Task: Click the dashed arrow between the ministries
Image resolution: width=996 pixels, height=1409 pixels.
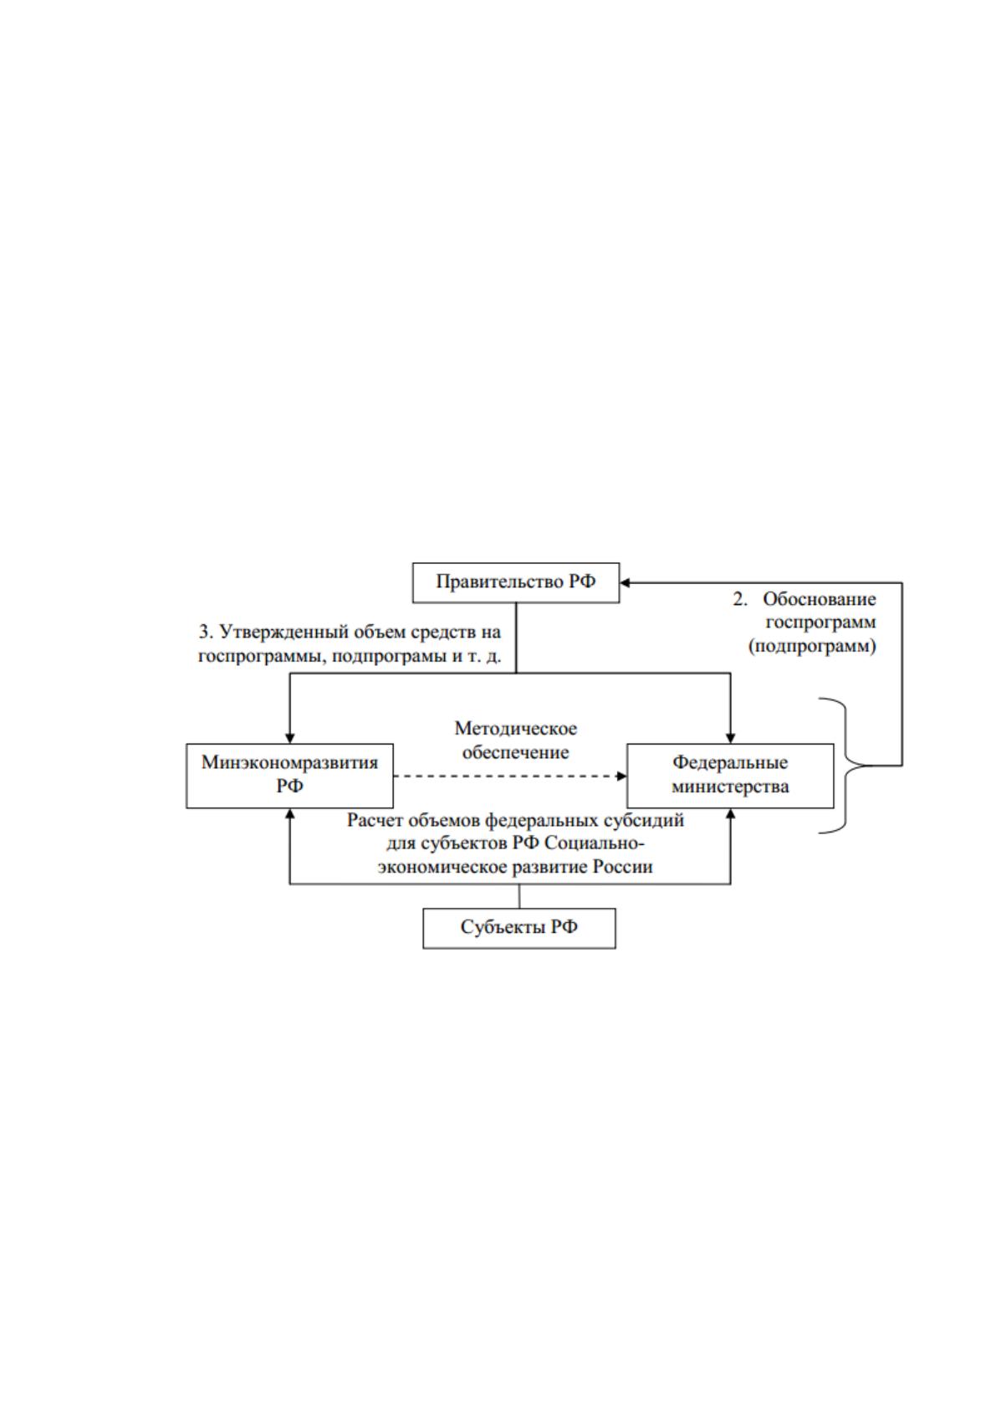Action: pos(510,776)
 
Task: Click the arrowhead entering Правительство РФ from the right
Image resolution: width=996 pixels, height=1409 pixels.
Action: pos(625,583)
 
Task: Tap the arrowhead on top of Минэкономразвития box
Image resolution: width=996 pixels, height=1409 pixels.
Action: pos(290,738)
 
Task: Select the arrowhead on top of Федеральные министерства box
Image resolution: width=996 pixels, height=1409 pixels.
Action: pos(730,738)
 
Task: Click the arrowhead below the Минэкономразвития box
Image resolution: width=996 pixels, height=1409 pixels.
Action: pos(290,814)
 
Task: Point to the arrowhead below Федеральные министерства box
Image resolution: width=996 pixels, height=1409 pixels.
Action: pos(730,814)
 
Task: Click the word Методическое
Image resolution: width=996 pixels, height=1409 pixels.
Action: pos(516,729)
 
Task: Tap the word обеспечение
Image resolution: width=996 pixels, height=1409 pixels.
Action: pos(516,752)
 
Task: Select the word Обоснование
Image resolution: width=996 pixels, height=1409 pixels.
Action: pos(820,599)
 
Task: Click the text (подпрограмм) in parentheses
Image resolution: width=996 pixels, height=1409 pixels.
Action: pos(812,646)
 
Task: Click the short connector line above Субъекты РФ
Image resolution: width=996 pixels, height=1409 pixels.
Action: pos(518,896)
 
